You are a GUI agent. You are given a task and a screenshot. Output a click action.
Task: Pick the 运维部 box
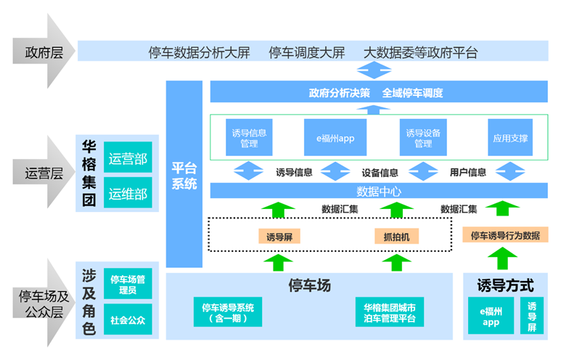[128, 194]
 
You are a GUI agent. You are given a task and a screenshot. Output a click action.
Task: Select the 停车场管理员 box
[127, 285]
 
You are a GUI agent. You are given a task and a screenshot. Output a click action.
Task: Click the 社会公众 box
[127, 319]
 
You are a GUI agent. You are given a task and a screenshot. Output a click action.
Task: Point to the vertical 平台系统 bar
[184, 174]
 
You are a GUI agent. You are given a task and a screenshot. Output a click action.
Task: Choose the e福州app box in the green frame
[335, 138]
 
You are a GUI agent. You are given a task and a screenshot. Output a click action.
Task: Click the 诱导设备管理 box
[424, 138]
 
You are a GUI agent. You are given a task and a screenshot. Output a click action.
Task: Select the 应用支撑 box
[510, 138]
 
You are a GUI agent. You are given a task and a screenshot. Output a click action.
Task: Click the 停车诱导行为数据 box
[504, 235]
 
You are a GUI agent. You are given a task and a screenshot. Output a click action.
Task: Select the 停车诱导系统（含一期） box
[228, 312]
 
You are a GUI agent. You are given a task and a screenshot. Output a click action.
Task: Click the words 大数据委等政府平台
[421, 52]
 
